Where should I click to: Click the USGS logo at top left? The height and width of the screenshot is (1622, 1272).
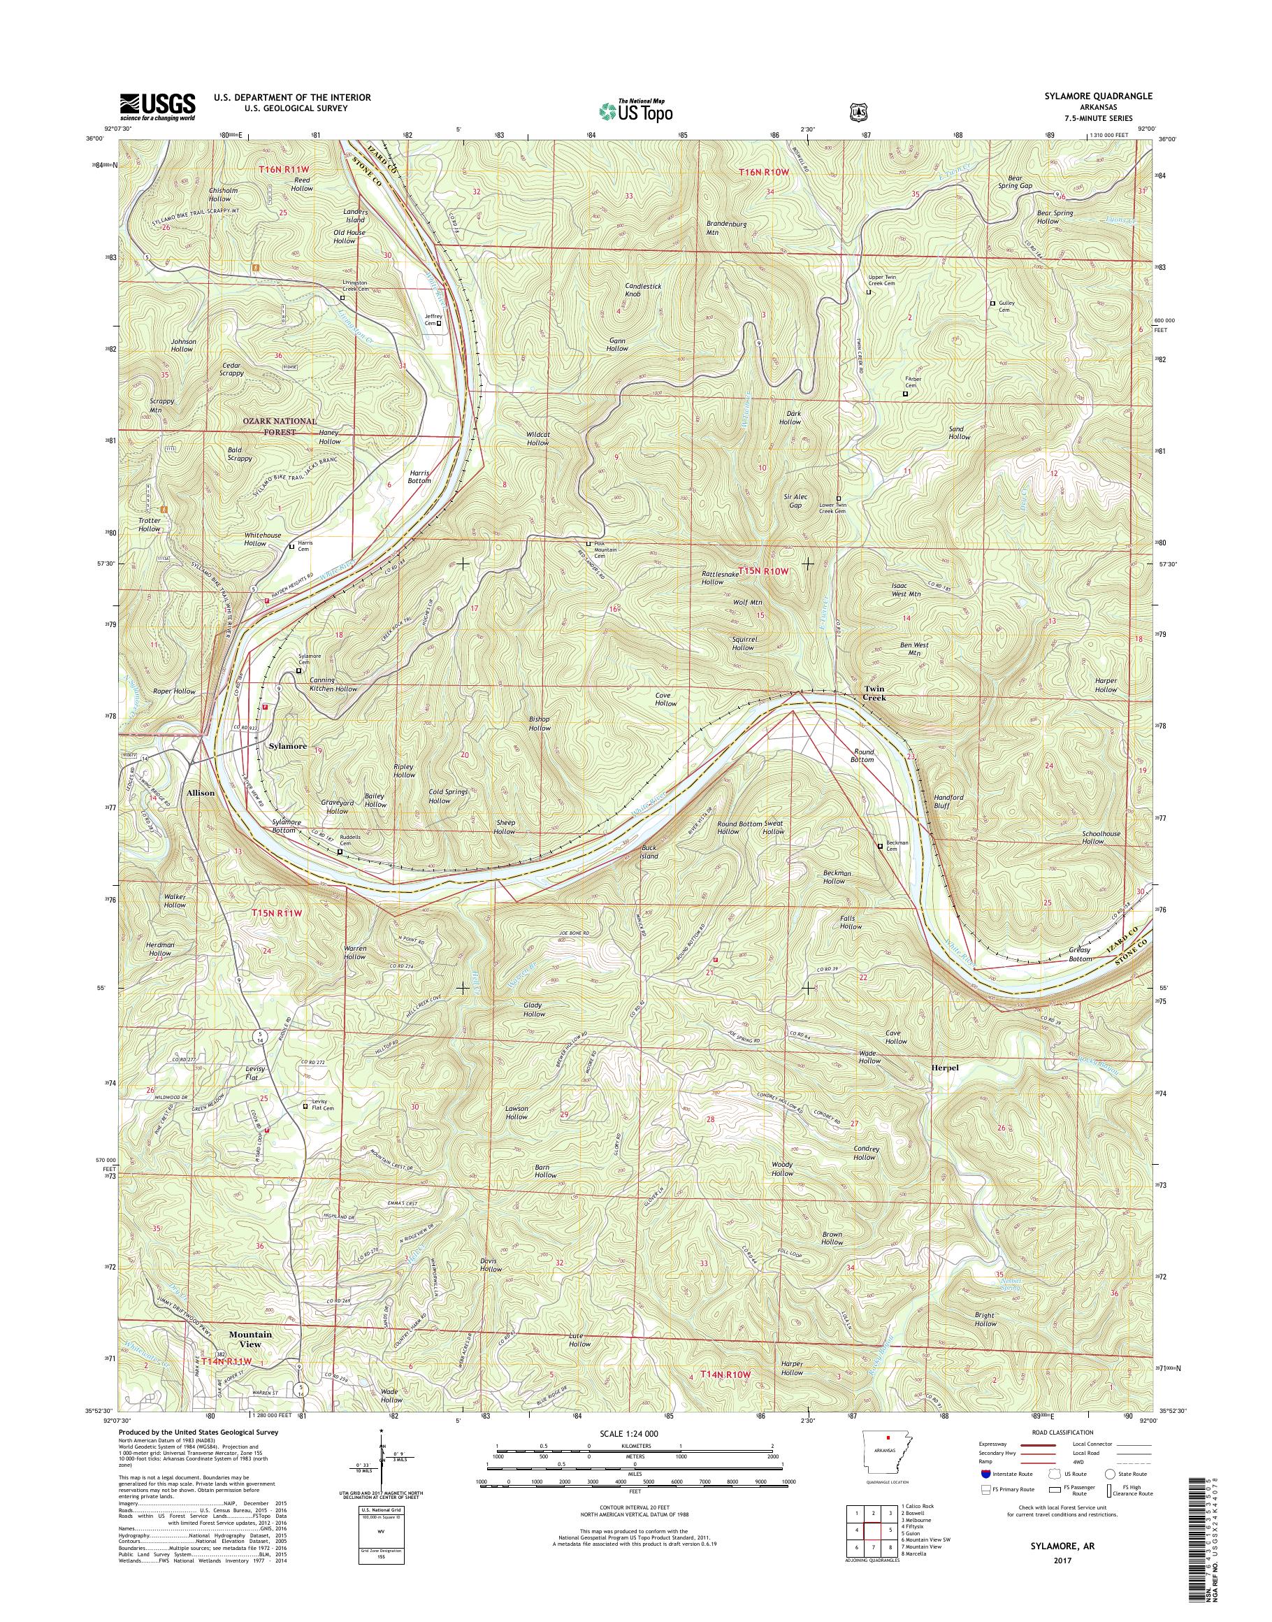[157, 106]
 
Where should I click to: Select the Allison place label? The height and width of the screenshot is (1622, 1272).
[201, 793]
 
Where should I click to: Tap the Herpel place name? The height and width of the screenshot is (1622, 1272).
[945, 1068]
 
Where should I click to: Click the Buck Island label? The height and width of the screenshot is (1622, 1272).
[649, 852]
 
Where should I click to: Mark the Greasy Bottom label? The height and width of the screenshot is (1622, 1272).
[1079, 954]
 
